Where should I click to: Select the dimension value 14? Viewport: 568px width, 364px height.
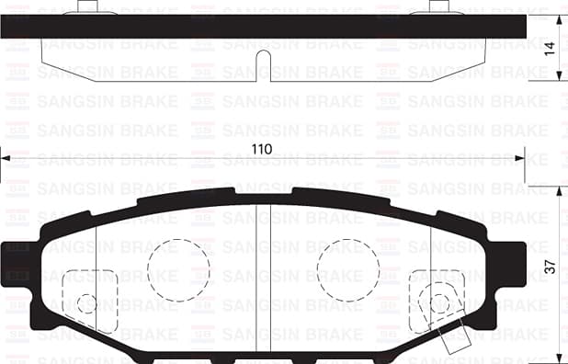[x=550, y=50]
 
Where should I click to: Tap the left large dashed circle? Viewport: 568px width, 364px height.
[x=178, y=269]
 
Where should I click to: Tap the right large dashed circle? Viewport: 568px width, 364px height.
[x=347, y=269]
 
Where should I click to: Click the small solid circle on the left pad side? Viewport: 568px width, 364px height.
[x=86, y=303]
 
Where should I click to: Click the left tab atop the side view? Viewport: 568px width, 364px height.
[x=87, y=8]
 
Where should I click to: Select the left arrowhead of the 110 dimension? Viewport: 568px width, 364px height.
[x=6, y=158]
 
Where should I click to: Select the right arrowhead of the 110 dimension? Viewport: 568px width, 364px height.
[x=518, y=158]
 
